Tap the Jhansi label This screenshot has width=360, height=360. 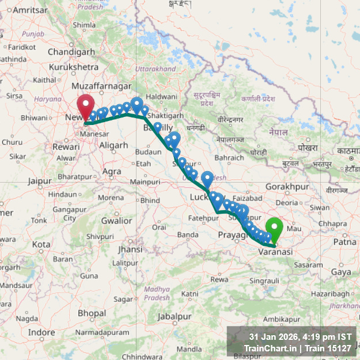point(130,249)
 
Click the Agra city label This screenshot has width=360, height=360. point(111,171)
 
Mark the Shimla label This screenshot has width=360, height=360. point(84,25)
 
